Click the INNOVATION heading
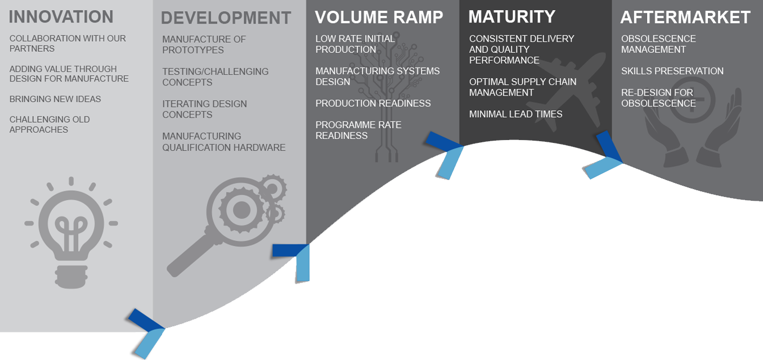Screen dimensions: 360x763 (61, 17)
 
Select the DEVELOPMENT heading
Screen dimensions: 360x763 (226, 18)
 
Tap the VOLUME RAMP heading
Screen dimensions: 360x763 (379, 17)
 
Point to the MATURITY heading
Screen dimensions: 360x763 (511, 17)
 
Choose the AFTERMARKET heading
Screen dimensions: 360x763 (685, 17)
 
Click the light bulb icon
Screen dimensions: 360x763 (71, 231)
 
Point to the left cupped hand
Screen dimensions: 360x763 (658, 135)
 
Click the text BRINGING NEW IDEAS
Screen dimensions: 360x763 (55, 99)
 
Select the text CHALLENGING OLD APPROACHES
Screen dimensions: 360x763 (50, 124)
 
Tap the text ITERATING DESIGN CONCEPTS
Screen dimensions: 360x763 (204, 109)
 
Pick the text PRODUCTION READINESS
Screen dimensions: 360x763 (372, 103)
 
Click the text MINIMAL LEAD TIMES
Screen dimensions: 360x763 (515, 114)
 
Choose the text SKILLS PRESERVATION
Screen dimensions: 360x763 (672, 71)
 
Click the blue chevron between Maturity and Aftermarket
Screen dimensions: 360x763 (604, 156)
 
